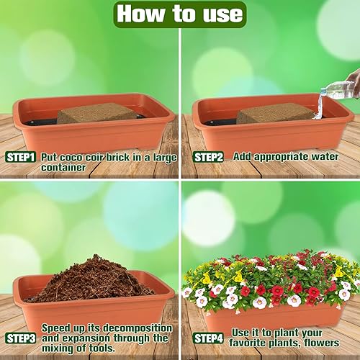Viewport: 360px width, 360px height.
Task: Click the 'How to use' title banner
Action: (180, 14)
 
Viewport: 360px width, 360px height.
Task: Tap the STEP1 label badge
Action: (21, 157)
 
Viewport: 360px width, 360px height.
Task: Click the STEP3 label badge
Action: (21, 338)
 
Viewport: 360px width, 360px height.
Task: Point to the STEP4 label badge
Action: (207, 337)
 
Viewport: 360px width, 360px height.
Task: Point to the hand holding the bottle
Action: (353, 81)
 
